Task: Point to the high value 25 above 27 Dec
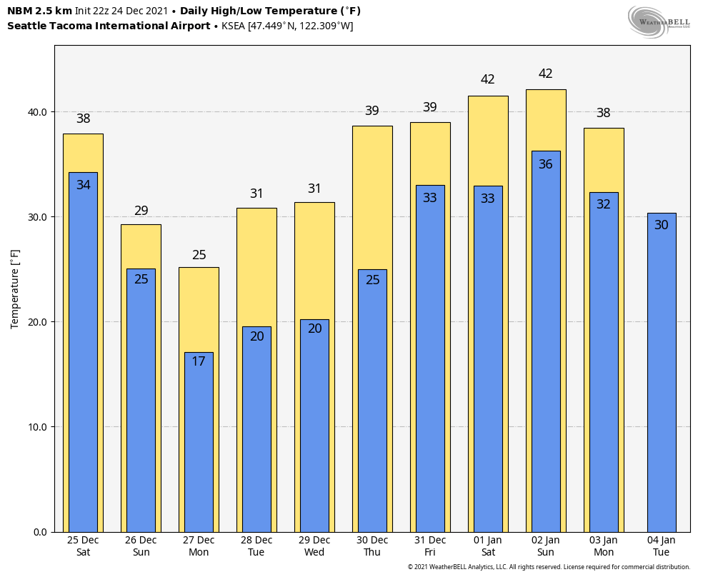pos(199,255)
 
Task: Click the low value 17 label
pos(199,361)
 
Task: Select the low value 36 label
pos(546,164)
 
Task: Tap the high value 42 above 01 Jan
pos(488,79)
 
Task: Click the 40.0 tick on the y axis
pos(38,112)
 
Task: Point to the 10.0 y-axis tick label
pos(38,427)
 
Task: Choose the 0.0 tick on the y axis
pos(40,532)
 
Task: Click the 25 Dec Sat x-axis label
pos(83,546)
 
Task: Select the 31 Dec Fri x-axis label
pos(430,546)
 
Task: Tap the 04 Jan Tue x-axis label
pos(662,546)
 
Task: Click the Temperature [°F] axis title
pos(15,288)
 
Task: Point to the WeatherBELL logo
pos(659,21)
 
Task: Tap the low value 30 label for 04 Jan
pos(662,225)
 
